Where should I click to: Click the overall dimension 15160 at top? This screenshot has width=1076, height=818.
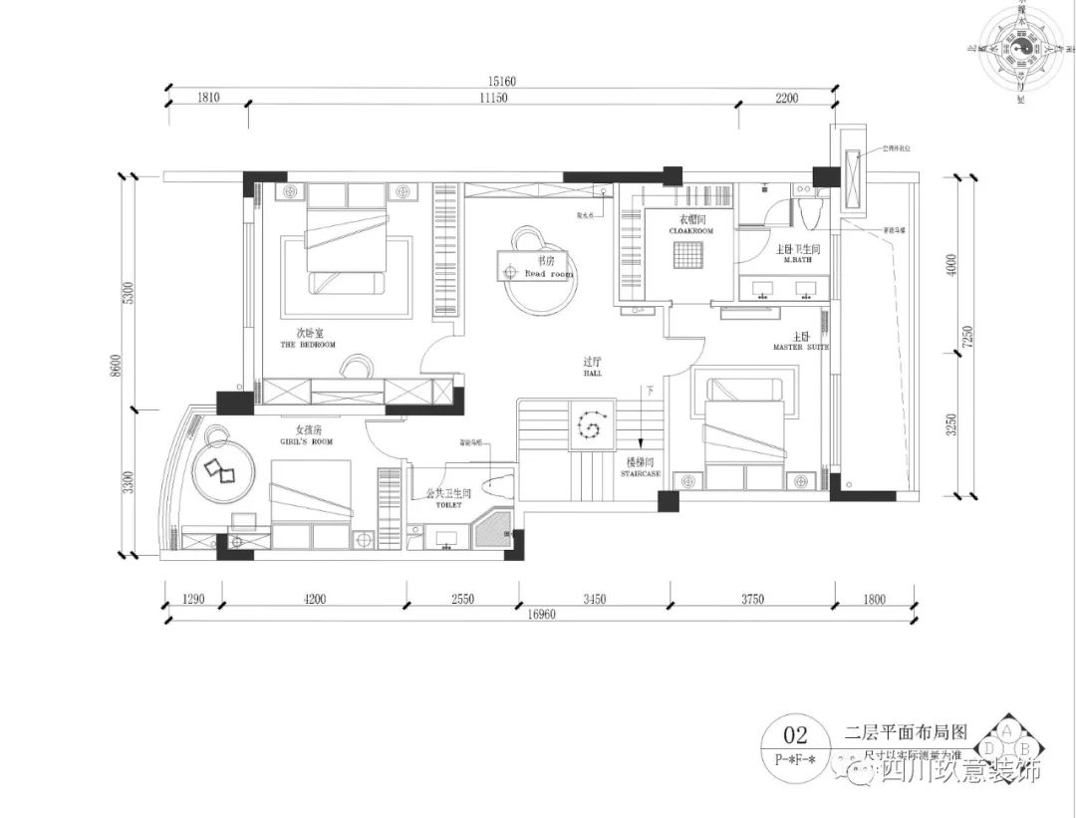pos(499,81)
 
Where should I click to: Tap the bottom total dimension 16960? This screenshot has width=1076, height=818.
pos(537,615)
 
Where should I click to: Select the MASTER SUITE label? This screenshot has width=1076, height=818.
pos(800,347)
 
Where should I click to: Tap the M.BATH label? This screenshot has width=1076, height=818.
pos(800,259)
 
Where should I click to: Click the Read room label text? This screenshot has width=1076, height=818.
pos(549,273)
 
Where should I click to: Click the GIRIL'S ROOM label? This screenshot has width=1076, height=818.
pos(307,440)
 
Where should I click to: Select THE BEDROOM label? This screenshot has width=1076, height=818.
pos(308,345)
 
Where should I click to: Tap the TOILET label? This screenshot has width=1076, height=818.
pos(448,505)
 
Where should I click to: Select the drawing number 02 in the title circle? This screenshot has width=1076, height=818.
pos(796,737)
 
